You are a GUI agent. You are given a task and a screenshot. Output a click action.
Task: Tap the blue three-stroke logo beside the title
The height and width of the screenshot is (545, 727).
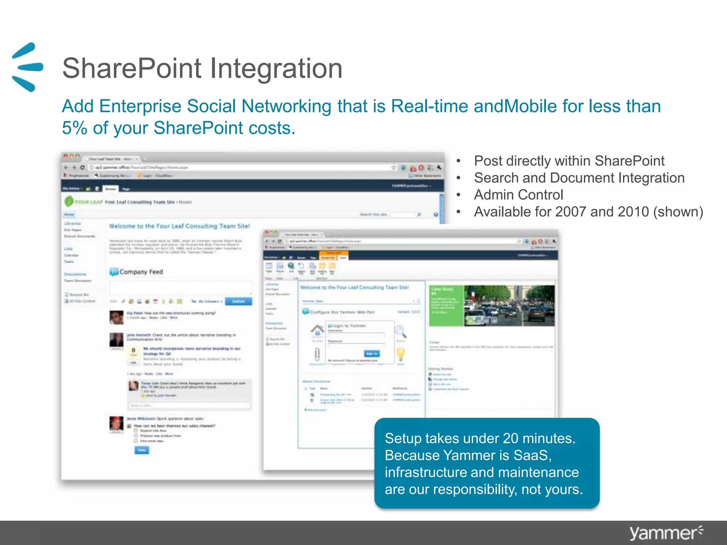27,67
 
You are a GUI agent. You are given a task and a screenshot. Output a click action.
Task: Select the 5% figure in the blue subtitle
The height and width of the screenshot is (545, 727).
75,128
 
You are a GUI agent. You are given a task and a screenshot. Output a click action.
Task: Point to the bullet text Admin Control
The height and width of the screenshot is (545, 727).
518,195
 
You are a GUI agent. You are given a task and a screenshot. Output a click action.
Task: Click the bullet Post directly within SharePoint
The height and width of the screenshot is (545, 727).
569,161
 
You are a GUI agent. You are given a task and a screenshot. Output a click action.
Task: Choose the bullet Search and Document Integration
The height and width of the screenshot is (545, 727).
579,178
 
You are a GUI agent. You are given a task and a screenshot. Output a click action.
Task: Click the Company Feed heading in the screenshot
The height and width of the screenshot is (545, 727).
141,272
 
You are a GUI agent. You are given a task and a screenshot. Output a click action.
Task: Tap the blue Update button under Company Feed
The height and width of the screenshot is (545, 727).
238,301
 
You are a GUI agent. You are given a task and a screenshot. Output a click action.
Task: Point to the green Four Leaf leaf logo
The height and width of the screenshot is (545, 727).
68,202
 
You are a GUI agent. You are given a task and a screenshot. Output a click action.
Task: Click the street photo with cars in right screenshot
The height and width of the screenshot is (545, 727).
509,305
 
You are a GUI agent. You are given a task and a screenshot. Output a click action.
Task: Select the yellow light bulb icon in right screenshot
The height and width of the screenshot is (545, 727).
400,354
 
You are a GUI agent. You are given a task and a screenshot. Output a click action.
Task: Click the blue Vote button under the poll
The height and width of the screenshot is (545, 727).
142,450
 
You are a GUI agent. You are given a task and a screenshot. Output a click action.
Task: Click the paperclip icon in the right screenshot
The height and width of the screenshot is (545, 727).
317,354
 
